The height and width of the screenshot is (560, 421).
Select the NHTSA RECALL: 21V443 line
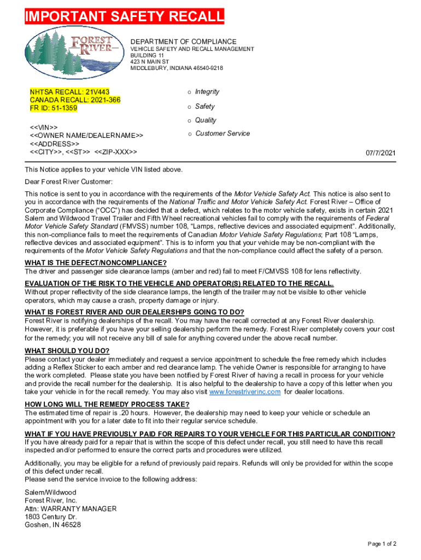[69, 92]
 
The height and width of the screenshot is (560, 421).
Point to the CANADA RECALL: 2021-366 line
[75, 100]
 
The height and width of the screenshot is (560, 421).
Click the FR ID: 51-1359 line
[54, 108]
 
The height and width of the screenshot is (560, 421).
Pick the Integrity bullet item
[207, 92]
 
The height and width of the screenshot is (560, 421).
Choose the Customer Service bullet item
[223, 133]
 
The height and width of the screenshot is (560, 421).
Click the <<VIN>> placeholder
[44, 127]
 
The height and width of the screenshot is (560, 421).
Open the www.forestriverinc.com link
[245, 392]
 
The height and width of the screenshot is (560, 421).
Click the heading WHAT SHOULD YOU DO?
[67, 351]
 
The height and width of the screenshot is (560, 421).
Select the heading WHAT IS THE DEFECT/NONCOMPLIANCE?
[96, 262]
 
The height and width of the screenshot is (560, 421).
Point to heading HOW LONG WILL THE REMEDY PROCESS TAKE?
[107, 405]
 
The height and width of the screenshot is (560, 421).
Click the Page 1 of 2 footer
[382, 544]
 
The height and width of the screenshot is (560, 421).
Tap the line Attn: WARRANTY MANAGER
[71, 509]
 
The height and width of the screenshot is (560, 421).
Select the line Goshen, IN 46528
[53, 525]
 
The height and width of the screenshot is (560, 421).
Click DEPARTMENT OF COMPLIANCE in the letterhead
[183, 42]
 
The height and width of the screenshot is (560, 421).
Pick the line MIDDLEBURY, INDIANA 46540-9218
[177, 68]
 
